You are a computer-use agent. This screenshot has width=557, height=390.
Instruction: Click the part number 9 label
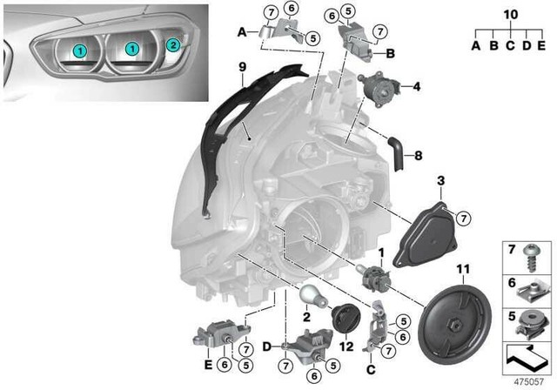click(x=244, y=66)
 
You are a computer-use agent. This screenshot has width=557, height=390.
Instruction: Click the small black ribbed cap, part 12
click(x=345, y=319)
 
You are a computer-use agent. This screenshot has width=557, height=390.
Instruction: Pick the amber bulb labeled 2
click(x=313, y=296)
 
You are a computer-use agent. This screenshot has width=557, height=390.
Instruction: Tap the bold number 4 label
click(x=417, y=87)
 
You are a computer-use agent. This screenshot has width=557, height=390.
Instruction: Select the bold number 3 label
click(x=441, y=180)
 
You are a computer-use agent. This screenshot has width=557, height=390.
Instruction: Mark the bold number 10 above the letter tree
click(x=509, y=15)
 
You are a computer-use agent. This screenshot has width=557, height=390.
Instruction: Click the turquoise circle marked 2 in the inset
click(x=172, y=44)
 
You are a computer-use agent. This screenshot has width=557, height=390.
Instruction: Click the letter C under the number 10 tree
click(x=509, y=44)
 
